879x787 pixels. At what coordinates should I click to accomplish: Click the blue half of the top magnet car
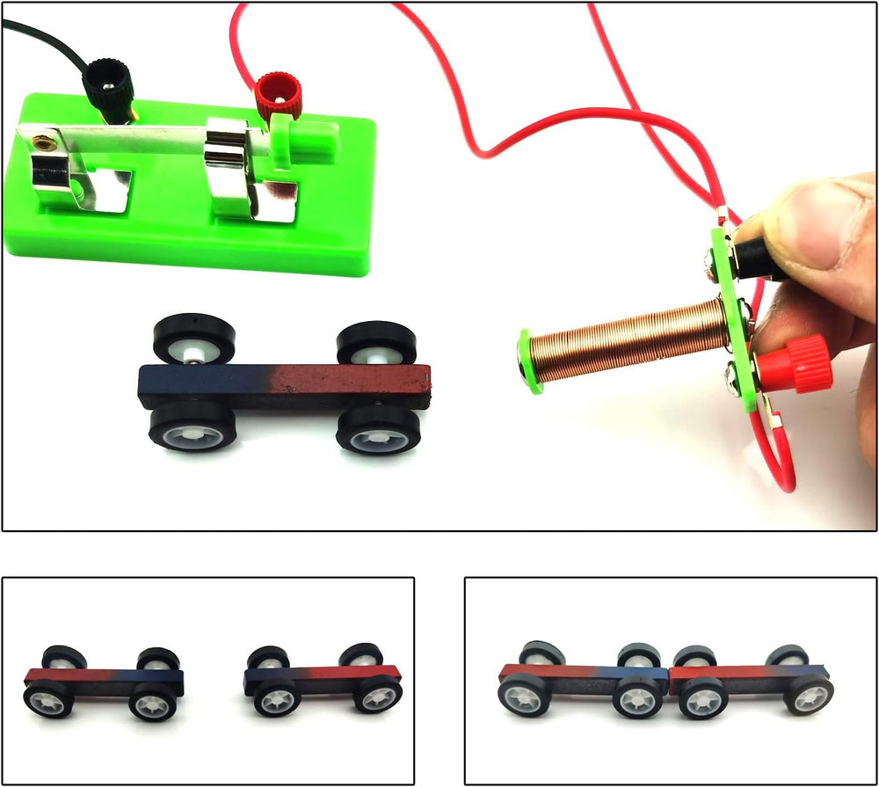pos(202,384)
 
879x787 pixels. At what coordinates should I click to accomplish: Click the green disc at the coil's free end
pos(525,361)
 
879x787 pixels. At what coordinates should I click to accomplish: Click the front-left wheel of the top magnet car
pos(190,431)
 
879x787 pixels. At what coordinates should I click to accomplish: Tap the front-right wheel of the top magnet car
pos(379,431)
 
